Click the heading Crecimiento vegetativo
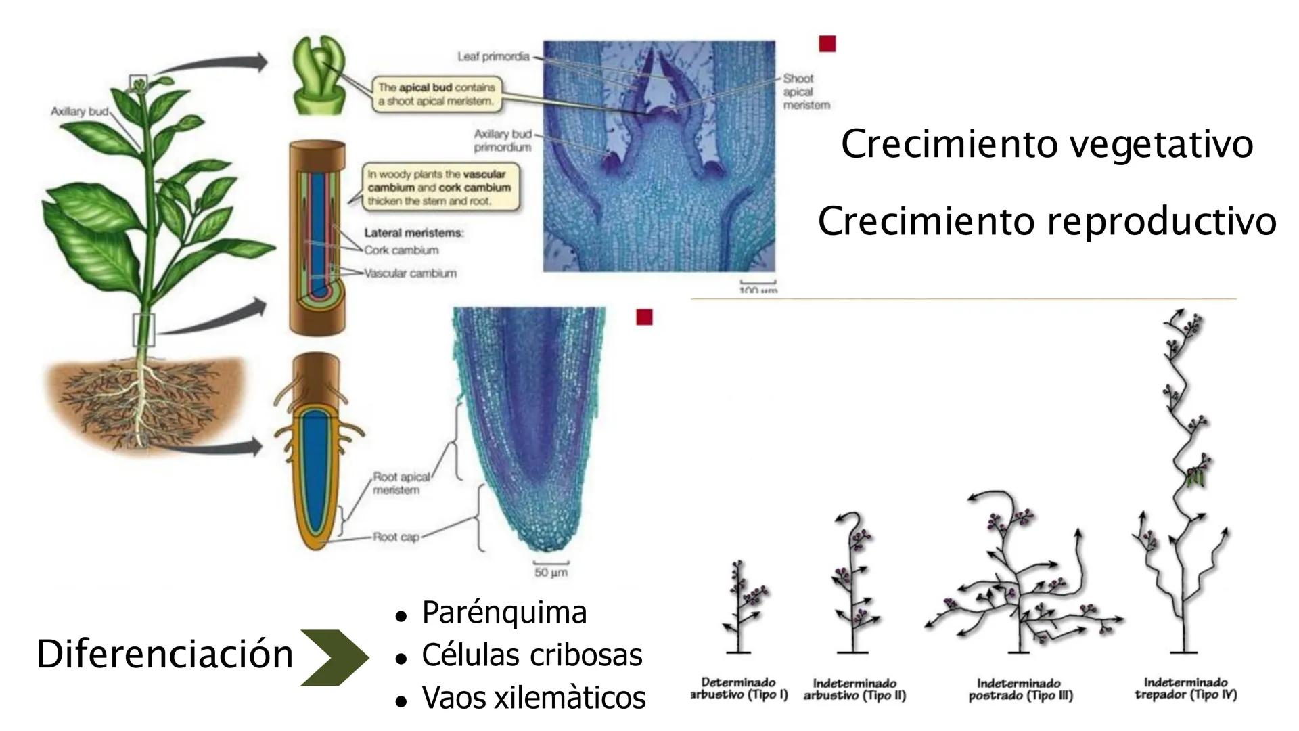1047,144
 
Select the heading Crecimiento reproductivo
1047,221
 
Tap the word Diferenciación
164,655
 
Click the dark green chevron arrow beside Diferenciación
334,657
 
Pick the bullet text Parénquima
504,613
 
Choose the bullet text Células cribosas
532,655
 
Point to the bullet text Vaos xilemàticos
533,698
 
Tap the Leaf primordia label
493,56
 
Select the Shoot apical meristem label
806,92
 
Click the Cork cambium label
401,250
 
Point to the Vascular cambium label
410,273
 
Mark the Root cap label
396,537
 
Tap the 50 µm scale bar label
551,573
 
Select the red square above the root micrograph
645,317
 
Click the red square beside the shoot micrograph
827,44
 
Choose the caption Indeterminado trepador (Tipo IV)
1185,688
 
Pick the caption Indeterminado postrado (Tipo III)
1020,689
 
